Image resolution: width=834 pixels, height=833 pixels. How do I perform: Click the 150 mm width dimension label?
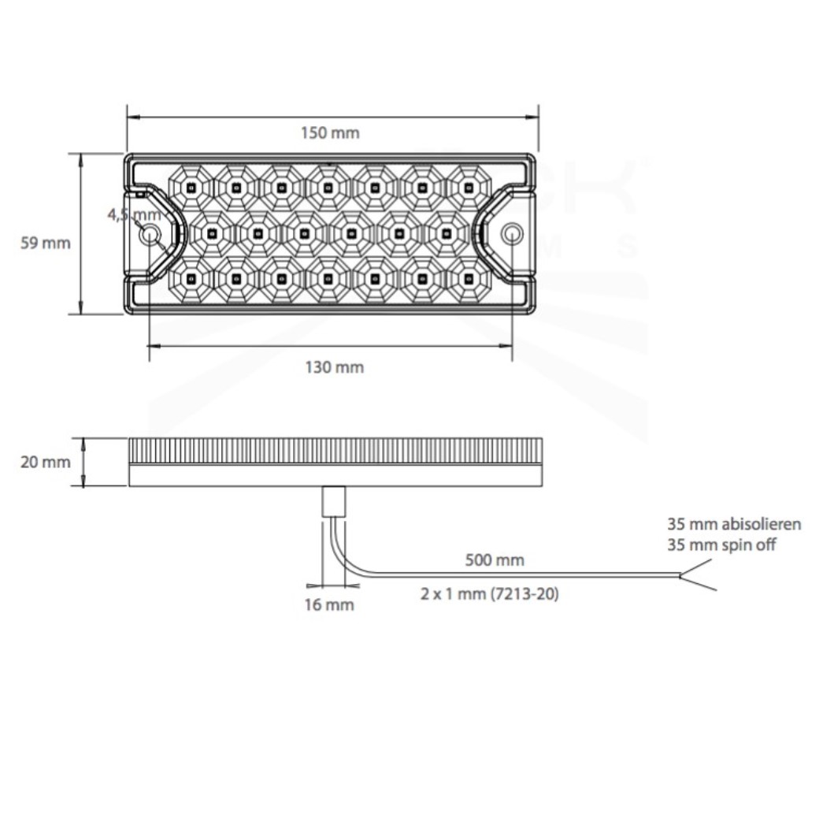click(330, 132)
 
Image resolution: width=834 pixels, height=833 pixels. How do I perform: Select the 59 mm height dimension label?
click(46, 244)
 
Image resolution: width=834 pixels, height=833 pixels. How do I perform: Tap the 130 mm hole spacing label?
click(335, 367)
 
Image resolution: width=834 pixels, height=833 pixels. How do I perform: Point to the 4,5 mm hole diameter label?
click(134, 215)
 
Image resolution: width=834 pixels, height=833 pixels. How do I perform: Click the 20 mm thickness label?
click(46, 462)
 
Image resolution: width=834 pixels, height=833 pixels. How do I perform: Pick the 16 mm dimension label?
click(329, 604)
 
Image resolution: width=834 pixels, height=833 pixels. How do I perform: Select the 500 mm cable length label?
click(495, 560)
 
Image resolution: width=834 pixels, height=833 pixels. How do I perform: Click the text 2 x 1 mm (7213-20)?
click(490, 593)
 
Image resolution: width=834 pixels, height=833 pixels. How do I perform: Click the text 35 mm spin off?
click(721, 545)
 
